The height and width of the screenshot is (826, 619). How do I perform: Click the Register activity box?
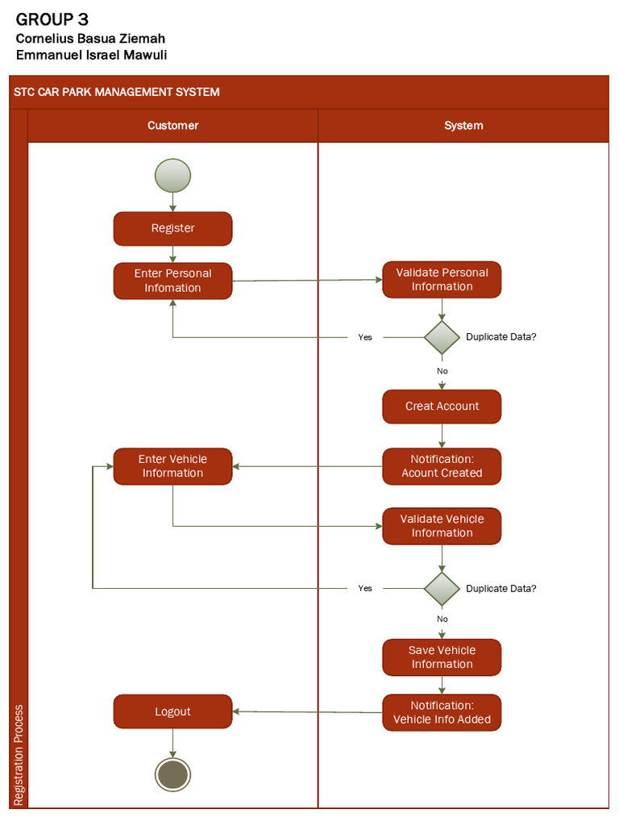172,228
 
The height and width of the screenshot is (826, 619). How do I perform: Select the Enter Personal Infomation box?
172,281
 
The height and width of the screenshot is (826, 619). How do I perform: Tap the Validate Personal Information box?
442,279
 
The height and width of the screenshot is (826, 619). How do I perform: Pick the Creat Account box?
442,407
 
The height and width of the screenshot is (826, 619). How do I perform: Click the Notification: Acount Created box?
442,466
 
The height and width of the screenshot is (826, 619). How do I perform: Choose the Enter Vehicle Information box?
172,466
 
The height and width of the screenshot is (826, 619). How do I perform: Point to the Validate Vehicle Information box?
442,526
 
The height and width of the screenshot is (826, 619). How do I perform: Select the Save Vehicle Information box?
442,657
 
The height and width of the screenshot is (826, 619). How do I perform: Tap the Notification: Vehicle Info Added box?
442,712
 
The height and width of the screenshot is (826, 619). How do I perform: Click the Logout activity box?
172,711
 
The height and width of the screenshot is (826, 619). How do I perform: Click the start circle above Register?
172,176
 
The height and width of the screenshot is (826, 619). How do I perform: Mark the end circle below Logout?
172,774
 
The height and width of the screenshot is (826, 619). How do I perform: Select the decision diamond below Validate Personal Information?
442,337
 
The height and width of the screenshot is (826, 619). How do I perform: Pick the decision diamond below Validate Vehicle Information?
442,589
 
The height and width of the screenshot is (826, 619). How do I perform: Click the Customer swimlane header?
172,126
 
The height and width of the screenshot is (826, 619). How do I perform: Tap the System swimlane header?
463,126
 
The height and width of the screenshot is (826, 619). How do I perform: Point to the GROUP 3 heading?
52,19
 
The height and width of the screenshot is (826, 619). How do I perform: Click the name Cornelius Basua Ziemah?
90,39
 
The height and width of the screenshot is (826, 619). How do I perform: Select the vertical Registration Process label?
19,755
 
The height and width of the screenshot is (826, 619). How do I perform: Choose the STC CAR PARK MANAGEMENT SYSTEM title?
117,92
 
